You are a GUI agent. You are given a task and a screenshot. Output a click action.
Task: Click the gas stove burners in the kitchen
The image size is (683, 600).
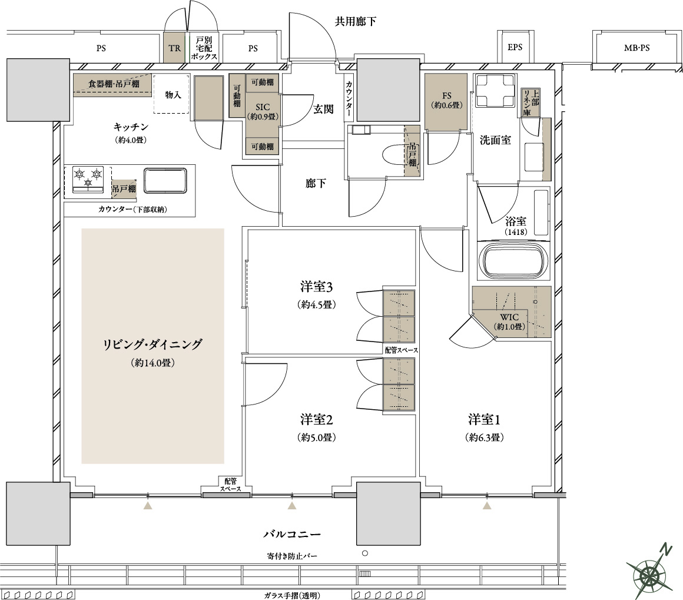tap(88, 178)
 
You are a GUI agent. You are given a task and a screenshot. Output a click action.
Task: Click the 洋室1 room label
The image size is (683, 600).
tap(484, 420)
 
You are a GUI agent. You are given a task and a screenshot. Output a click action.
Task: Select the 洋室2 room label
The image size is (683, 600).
tap(316, 420)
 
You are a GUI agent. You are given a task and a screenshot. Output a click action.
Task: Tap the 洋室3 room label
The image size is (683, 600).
tap(316, 287)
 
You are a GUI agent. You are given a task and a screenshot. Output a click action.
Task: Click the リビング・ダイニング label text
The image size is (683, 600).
tap(152, 344)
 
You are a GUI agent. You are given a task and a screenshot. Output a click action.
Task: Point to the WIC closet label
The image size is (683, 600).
tap(509, 317)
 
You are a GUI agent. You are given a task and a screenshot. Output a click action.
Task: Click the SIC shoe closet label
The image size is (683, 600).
tap(263, 107)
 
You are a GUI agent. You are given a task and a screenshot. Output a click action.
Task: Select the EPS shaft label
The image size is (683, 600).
tap(515, 47)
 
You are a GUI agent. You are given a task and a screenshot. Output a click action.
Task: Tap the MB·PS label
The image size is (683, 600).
tap(636, 48)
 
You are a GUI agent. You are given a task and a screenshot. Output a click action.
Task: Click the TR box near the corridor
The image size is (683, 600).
tap(175, 48)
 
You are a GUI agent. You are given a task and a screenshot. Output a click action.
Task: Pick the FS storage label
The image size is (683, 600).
tap(447, 95)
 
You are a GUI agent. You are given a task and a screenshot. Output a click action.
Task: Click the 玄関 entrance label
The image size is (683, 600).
tap(323, 109)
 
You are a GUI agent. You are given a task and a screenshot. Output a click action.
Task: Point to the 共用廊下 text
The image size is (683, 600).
tap(356, 21)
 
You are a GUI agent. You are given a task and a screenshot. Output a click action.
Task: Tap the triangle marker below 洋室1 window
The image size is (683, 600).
tap(487, 505)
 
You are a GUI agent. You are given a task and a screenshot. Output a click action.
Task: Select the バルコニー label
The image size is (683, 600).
tap(292, 534)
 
